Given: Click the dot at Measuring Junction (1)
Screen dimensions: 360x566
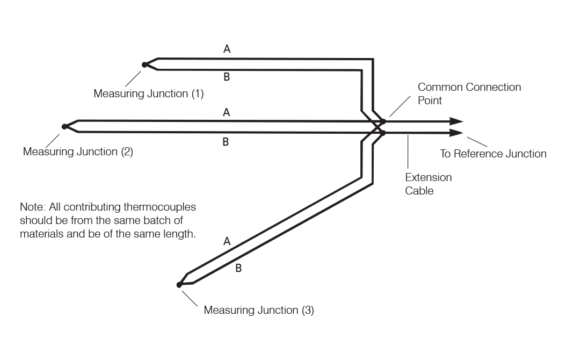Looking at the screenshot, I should click(x=144, y=65).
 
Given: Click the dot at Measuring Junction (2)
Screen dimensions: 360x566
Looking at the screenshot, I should click(x=64, y=127).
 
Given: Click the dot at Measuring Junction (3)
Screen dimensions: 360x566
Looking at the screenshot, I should click(x=179, y=285).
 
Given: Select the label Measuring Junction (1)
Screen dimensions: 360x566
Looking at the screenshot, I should click(x=148, y=93).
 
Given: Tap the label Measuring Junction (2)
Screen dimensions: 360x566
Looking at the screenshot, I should click(x=78, y=152).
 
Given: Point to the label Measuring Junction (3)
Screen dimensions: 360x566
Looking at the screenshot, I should click(x=259, y=310).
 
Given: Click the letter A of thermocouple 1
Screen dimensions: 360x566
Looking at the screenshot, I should click(x=227, y=49).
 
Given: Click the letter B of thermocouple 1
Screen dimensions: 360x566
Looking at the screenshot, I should click(x=227, y=78).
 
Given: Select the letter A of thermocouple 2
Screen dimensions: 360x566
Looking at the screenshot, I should click(x=227, y=113).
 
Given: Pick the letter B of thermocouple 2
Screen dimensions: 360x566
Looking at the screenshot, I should click(x=226, y=142).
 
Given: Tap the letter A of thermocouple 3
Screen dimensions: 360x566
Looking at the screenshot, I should click(x=227, y=242).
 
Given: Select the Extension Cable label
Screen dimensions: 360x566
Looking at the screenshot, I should click(x=427, y=183).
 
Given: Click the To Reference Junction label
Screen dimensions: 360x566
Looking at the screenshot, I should click(x=492, y=154).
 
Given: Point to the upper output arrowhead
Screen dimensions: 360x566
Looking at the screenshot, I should click(x=456, y=121).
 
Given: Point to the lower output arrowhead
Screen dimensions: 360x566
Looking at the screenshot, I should click(x=456, y=132).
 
